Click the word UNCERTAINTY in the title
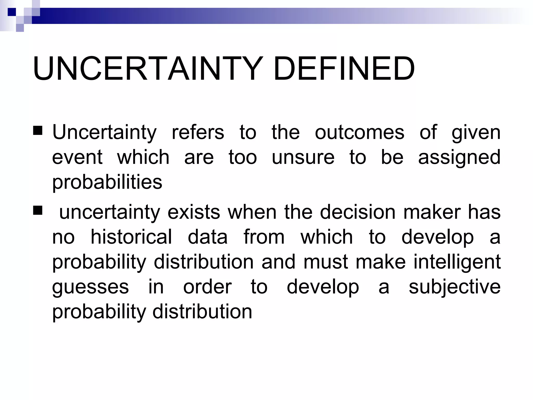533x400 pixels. (148, 69)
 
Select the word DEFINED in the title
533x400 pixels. (344, 69)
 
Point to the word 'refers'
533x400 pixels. (198, 132)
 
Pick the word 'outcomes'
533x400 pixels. (359, 132)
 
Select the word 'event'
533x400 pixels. (77, 157)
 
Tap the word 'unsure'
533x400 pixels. (303, 157)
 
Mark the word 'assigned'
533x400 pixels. (459, 158)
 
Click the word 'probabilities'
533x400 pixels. (107, 182)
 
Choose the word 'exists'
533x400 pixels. (194, 212)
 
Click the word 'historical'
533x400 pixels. (131, 237)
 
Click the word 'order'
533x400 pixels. (207, 287)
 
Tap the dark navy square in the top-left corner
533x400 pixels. (12, 12)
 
